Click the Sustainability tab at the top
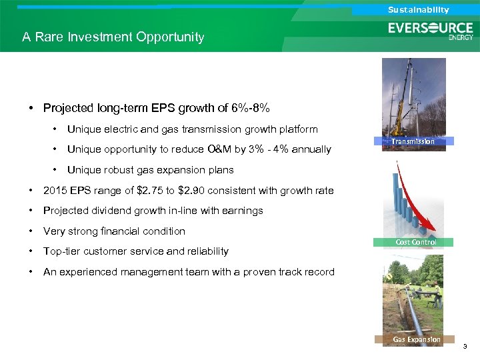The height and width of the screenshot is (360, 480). click(x=419, y=9)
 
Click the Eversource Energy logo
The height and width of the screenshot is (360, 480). click(x=431, y=31)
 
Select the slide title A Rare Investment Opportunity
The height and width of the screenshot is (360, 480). click(x=113, y=37)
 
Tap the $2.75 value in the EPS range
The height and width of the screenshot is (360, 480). click(x=149, y=191)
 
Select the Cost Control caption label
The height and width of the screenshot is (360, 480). click(x=416, y=242)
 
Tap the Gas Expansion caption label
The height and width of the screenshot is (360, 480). click(x=417, y=339)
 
